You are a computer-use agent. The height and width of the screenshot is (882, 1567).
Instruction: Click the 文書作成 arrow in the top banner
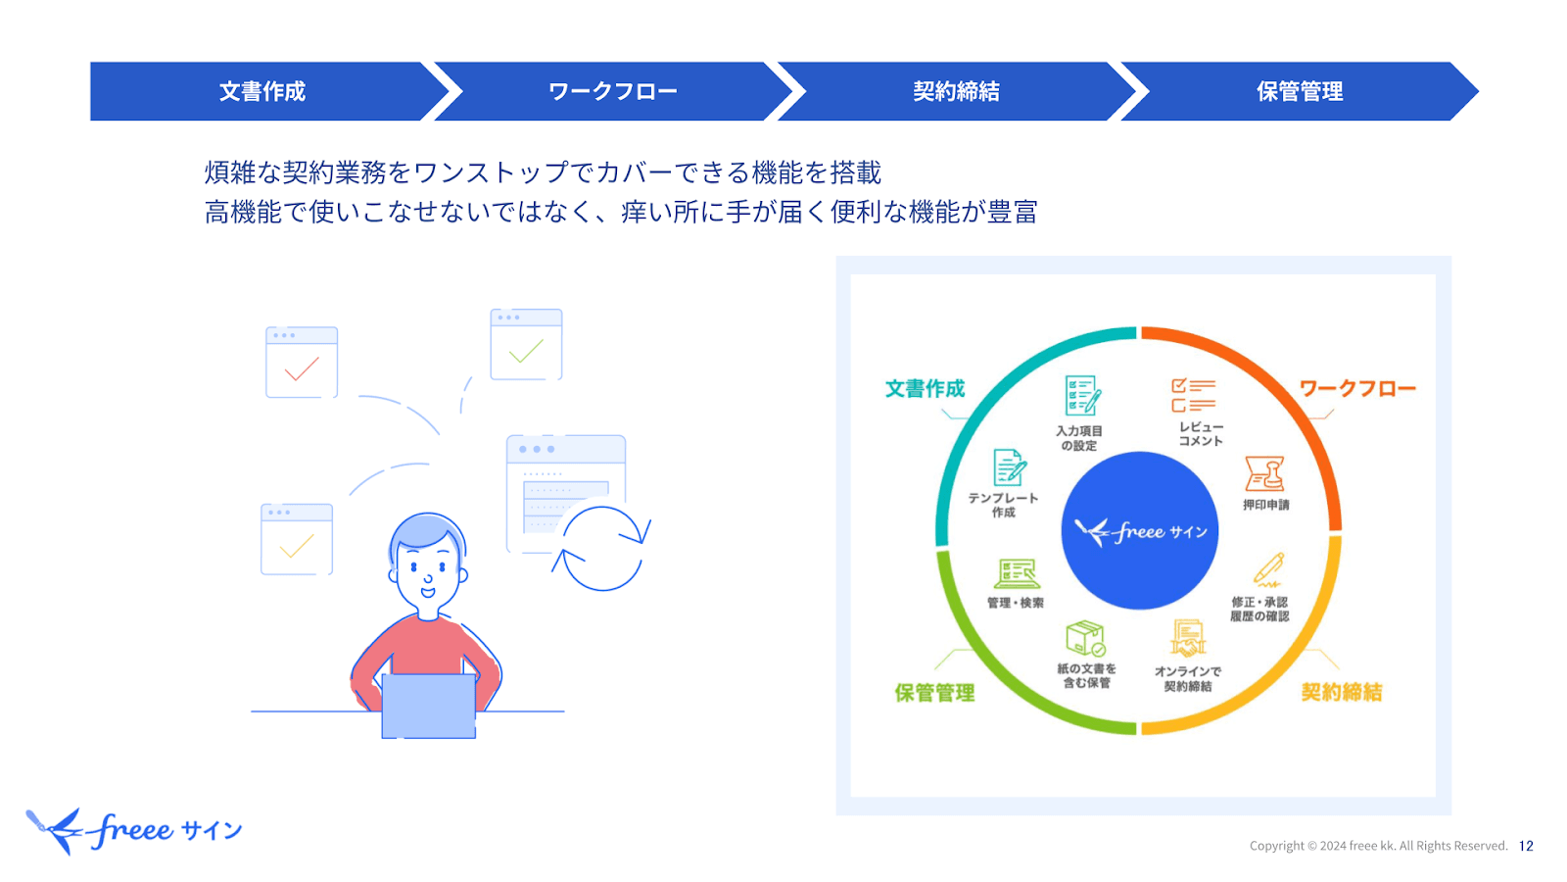(x=262, y=91)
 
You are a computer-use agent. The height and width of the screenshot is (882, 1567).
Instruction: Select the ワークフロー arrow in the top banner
(x=613, y=91)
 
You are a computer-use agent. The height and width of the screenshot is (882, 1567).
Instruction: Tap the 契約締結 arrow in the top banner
(x=956, y=91)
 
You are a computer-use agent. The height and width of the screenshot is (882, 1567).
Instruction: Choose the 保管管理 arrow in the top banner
(x=1299, y=91)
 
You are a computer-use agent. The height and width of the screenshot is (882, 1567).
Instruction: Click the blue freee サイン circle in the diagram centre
(x=1139, y=530)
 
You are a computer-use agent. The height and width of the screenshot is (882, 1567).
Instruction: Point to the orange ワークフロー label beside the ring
(x=1356, y=389)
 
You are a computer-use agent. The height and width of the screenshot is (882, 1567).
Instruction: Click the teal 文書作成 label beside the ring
(x=925, y=389)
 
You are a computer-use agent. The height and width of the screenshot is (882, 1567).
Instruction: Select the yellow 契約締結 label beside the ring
(x=1341, y=692)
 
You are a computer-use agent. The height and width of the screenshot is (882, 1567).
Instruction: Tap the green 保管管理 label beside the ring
(x=934, y=693)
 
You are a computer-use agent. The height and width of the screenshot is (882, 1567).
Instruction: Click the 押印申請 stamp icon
(x=1264, y=474)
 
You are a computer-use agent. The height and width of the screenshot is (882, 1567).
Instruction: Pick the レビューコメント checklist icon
(x=1193, y=395)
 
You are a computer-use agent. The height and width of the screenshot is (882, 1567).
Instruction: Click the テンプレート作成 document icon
(x=1009, y=467)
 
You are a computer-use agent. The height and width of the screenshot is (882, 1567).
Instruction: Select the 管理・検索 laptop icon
(x=1017, y=573)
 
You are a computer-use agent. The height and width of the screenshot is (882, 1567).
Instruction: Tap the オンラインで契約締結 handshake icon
(x=1188, y=639)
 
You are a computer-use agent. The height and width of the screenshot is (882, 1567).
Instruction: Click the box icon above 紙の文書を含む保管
(x=1085, y=638)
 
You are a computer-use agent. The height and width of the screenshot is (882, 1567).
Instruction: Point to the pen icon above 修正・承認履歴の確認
(x=1269, y=569)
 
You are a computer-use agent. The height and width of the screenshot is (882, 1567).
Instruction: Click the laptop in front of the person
(x=428, y=706)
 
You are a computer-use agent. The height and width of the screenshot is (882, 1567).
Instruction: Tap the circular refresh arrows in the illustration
(x=602, y=548)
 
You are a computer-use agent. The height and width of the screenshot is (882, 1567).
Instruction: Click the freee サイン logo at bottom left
(x=135, y=831)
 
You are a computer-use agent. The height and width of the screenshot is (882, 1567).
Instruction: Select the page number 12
(x=1526, y=846)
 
